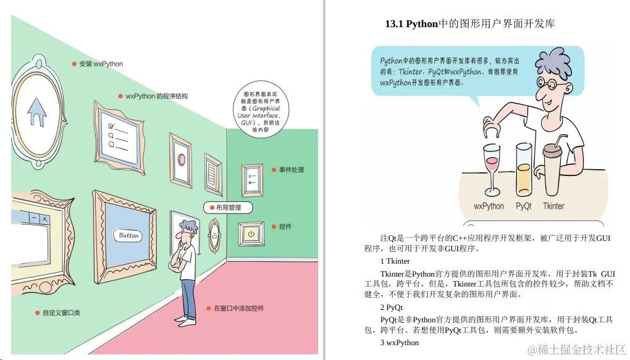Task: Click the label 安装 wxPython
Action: (x=101, y=64)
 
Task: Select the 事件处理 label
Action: (x=291, y=170)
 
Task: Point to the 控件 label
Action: (x=285, y=227)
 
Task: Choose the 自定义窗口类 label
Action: (x=61, y=313)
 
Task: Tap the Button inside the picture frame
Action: (x=129, y=235)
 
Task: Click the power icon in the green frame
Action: (x=251, y=233)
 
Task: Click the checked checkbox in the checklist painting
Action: (x=112, y=126)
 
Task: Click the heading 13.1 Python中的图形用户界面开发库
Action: (x=469, y=24)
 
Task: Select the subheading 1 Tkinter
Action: (x=395, y=261)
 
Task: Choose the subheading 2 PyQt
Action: (x=392, y=307)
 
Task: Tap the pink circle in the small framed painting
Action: (x=182, y=159)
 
